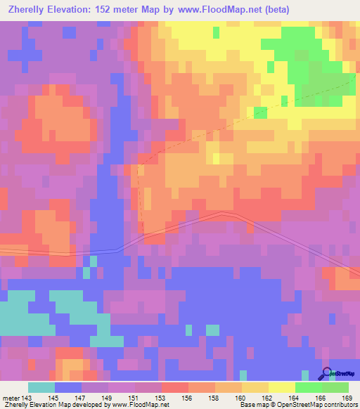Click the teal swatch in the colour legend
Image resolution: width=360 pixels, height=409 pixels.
click(41, 387)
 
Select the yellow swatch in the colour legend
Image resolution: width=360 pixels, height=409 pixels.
click(281, 387)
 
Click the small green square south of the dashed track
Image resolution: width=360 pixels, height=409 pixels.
click(260, 112)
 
